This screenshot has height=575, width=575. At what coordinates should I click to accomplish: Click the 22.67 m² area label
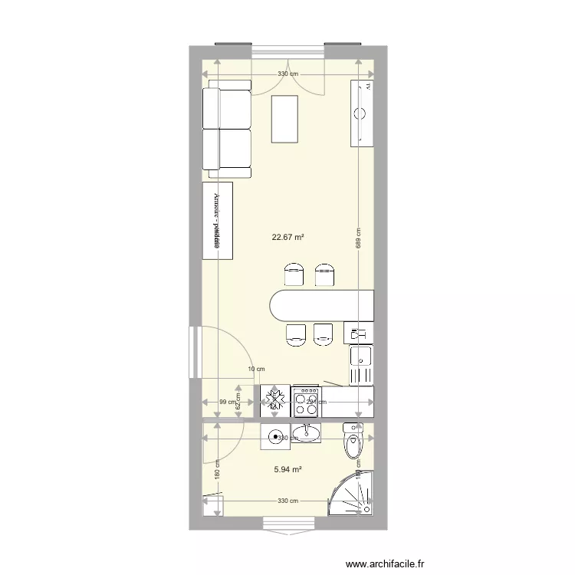[x=287, y=237]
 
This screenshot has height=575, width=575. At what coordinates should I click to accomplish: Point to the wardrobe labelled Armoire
[x=218, y=221]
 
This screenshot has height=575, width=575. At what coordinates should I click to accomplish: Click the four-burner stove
[x=306, y=398]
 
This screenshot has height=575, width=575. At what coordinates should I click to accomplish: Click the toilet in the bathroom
[x=354, y=442]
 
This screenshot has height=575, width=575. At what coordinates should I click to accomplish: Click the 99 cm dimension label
[x=227, y=402]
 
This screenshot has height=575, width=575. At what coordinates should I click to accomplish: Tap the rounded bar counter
[x=318, y=306]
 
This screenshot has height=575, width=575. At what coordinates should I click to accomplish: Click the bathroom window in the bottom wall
[x=287, y=523]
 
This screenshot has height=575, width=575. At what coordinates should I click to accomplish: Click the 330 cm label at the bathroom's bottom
[x=287, y=501]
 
